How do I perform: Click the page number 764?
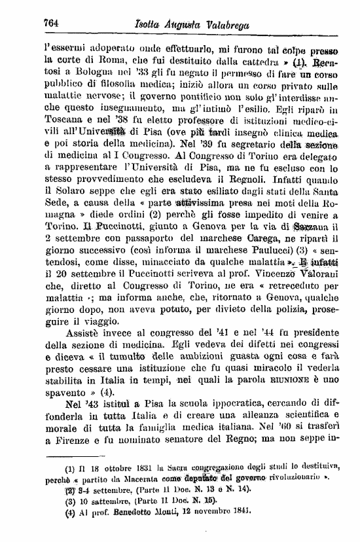click(x=52, y=23)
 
